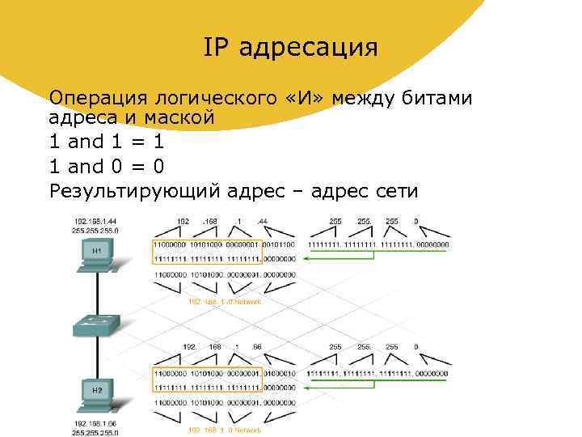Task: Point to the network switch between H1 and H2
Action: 97,325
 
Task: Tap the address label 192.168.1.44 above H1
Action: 95,220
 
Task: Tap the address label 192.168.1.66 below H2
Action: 95,422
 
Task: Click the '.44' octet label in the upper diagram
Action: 263,220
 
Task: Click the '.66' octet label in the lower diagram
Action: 258,347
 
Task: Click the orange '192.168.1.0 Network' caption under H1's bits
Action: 225,301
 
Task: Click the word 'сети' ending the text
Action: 393,192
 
